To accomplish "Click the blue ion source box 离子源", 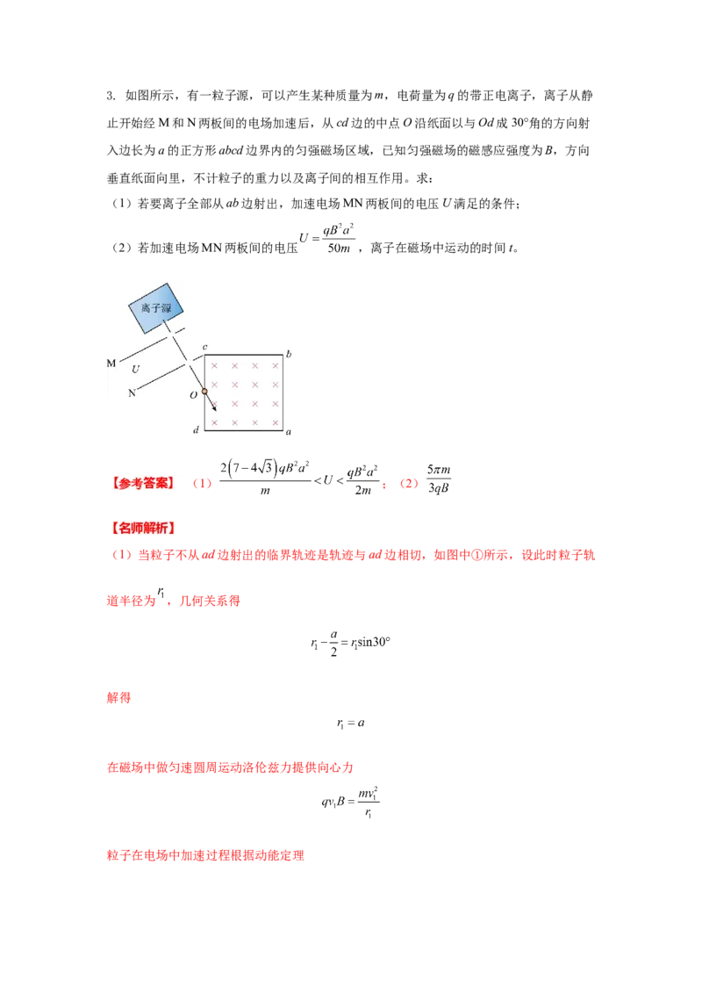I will (x=159, y=306).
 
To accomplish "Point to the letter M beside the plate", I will (x=111, y=363).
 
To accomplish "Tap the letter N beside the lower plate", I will (x=133, y=393).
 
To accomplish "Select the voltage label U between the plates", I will (x=135, y=370).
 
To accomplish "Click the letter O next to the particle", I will (x=193, y=394).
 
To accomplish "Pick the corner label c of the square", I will (x=204, y=348).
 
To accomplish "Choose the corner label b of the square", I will (x=289, y=353).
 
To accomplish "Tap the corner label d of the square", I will (x=196, y=429).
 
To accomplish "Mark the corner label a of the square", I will (x=290, y=432).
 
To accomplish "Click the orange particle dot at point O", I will (x=204, y=392).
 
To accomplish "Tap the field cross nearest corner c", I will (x=215, y=365).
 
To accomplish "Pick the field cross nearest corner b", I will (x=274, y=365).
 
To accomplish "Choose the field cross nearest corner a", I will (x=274, y=422).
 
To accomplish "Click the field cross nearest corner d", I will (x=215, y=422).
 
